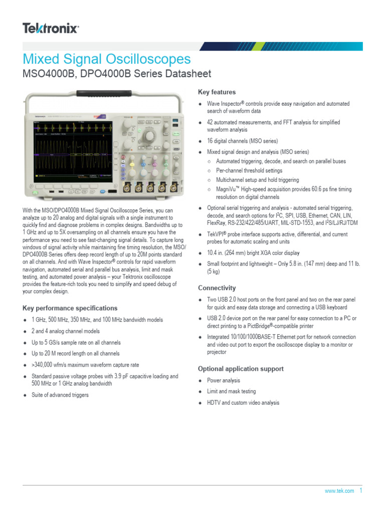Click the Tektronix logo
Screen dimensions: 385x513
point(51,29)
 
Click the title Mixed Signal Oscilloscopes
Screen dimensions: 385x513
point(107,59)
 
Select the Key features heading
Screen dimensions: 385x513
point(217,92)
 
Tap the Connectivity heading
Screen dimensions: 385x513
point(217,288)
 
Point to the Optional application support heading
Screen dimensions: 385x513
point(241,369)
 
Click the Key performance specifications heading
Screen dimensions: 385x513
point(70,308)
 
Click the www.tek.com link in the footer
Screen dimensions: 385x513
point(339,491)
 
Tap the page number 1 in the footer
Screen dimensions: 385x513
point(360,490)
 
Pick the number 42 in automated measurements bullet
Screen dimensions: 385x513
point(211,122)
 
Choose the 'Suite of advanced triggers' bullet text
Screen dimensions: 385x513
point(60,395)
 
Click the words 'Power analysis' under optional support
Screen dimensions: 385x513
point(224,381)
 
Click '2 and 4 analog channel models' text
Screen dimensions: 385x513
point(66,331)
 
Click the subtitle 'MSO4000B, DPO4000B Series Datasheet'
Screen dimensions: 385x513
point(117,74)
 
